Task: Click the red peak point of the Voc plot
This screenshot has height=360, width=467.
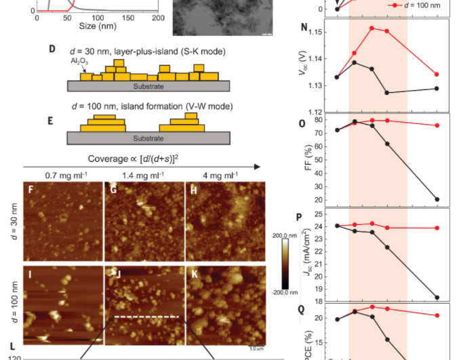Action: (x=372, y=28)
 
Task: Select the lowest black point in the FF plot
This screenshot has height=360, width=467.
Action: (x=437, y=199)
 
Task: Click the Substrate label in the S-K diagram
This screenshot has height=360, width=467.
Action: (x=148, y=87)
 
